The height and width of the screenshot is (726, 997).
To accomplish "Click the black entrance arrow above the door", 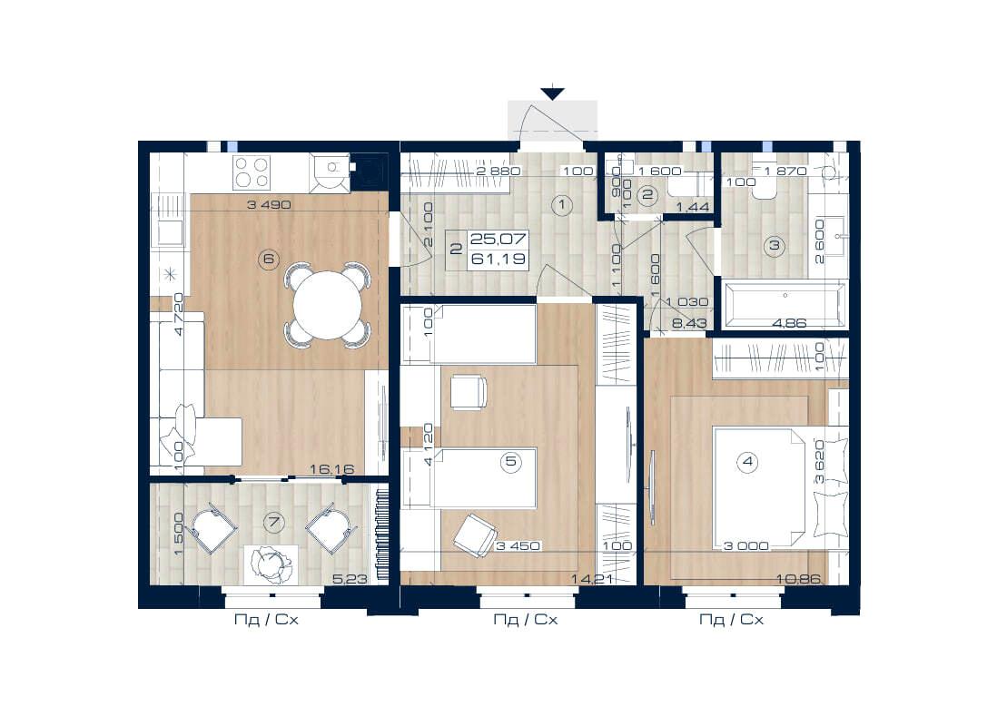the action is (553, 93).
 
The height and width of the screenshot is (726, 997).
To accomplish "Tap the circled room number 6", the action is (269, 258).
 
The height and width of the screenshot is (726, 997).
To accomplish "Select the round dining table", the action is (328, 305).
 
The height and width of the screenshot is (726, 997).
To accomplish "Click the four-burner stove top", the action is (251, 172).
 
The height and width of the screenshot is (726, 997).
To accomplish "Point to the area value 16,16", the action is (332, 469).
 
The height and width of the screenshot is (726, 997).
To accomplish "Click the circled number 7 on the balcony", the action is (274, 523).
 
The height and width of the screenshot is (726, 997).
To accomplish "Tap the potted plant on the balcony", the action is (271, 564).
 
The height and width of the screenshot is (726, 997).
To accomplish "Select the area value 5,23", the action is (350, 579).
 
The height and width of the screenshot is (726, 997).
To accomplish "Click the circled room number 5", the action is (511, 461).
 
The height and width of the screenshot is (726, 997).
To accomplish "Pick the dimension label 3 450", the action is (518, 545).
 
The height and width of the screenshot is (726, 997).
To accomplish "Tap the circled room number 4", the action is (748, 461).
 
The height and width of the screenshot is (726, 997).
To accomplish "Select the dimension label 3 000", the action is (745, 545).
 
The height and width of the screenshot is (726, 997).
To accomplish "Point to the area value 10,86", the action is (798, 579).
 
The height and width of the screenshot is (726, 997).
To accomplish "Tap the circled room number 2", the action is (648, 194).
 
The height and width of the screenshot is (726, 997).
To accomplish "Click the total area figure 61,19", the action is (498, 259).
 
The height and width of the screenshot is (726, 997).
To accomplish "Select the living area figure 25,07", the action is (498, 239).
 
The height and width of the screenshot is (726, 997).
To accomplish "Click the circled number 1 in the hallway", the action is (562, 205).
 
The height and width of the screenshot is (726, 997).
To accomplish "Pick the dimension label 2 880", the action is (498, 171).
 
